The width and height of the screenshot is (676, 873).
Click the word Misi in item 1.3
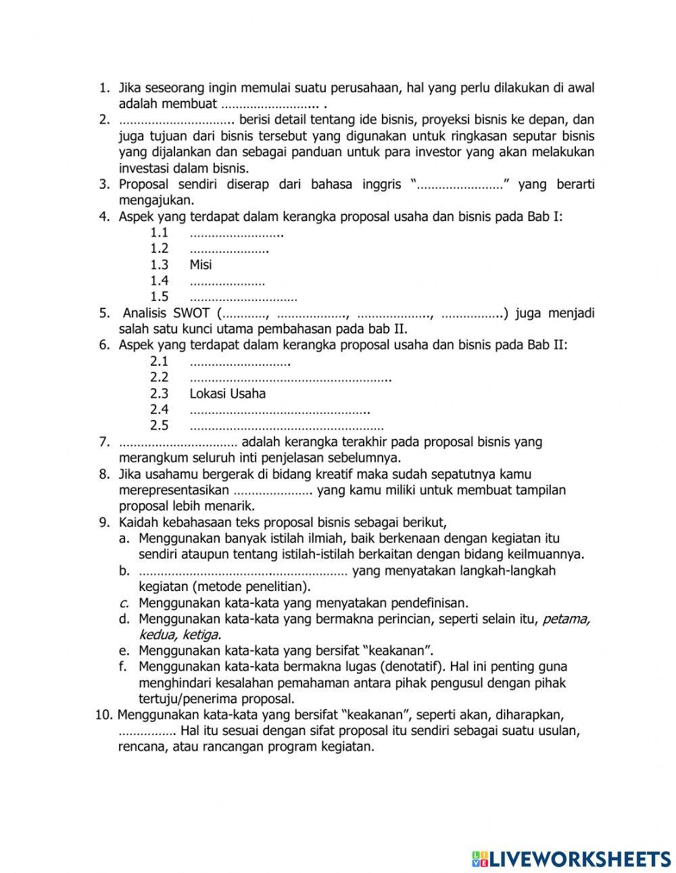pos(200,264)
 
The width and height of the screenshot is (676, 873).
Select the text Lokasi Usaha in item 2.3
pos(227,394)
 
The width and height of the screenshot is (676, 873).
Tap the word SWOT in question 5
pos(191,313)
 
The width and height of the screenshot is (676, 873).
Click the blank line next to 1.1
pos(236,233)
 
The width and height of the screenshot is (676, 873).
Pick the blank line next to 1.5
pos(243,298)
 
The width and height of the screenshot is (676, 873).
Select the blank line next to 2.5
pos(287,427)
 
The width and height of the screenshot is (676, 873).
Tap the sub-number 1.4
pos(159,281)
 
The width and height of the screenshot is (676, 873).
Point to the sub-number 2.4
pos(159,410)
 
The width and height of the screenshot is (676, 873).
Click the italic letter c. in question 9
pos(124,603)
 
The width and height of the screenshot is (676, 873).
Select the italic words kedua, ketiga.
pos(180,635)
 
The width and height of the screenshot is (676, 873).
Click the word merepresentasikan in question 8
pos(174,490)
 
